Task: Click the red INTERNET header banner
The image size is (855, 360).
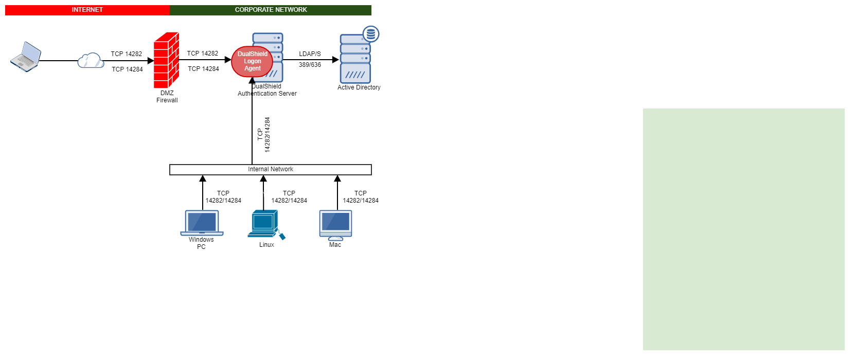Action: click(87, 10)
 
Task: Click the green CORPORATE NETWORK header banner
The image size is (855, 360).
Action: click(271, 10)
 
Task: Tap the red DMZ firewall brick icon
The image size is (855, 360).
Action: click(166, 60)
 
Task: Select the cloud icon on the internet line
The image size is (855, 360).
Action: click(91, 61)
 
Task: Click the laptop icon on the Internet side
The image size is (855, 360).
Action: click(26, 57)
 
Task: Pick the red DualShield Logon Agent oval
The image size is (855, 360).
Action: click(252, 61)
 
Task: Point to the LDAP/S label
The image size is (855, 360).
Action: click(310, 54)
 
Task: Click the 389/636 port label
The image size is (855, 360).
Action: click(310, 65)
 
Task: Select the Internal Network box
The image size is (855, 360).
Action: click(271, 170)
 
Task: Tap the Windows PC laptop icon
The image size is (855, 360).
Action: click(202, 223)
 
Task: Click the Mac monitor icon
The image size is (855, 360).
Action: click(335, 225)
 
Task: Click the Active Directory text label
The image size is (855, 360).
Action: click(359, 87)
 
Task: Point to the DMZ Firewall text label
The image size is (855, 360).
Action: click(167, 97)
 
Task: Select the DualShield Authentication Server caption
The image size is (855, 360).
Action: click(267, 91)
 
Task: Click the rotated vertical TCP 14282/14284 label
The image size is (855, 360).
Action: click(263, 135)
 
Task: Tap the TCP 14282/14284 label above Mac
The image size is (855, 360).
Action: click(361, 197)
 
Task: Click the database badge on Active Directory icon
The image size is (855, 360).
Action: click(371, 34)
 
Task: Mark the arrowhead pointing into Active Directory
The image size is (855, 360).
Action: click(335, 60)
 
